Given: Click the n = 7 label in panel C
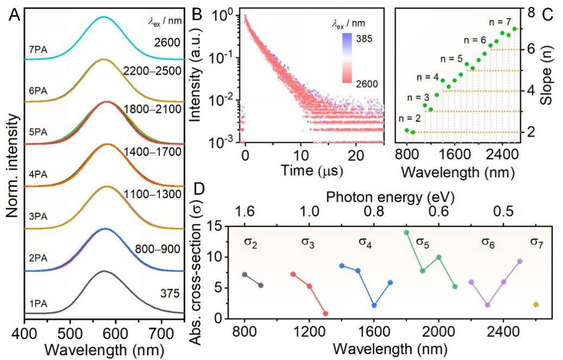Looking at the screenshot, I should (x=499, y=23).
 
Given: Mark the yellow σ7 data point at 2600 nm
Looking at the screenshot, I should (x=536, y=305).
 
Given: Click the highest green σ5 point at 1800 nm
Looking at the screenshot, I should (x=406, y=232).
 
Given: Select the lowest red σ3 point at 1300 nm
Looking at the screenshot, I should (x=326, y=313).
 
